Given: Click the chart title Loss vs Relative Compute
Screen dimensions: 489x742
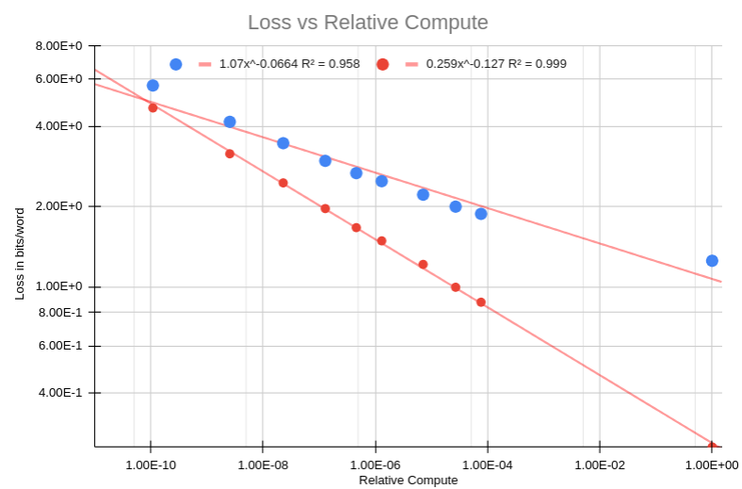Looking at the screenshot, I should (x=368, y=22).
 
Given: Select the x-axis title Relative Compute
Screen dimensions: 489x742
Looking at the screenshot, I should (x=408, y=481).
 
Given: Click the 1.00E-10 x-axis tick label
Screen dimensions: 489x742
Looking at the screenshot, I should (x=150, y=465).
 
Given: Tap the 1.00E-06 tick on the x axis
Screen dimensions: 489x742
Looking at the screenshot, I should (x=375, y=465).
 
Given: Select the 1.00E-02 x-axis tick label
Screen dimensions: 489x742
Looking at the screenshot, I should (x=600, y=465).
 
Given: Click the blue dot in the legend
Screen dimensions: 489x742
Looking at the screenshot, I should (x=175, y=64).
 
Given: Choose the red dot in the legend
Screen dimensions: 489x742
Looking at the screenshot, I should (x=382, y=64).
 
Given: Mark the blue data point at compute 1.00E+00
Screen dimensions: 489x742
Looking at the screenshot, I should (x=712, y=261).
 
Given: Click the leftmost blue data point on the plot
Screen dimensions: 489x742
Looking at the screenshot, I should (x=153, y=86).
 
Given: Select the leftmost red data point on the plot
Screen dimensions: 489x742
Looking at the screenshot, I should (x=153, y=107).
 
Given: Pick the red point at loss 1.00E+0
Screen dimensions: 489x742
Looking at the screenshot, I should (x=456, y=287).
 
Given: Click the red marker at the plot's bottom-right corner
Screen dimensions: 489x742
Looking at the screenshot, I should (x=712, y=446).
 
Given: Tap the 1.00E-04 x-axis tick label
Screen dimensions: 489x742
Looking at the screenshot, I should (x=487, y=465).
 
